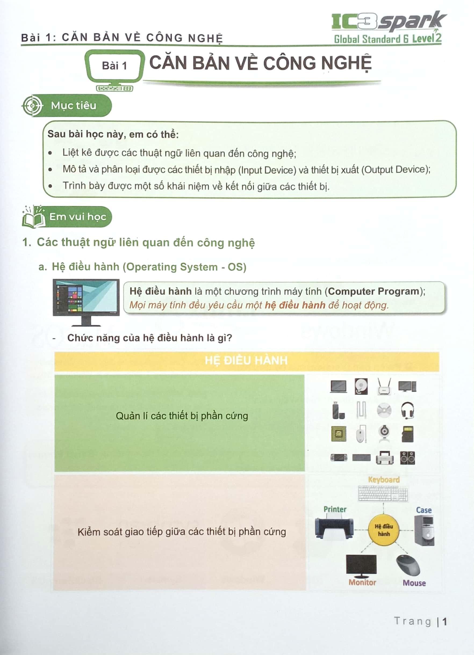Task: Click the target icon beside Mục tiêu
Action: (x=32, y=105)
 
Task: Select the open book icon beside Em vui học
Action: (x=34, y=217)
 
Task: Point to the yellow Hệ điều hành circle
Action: (x=383, y=530)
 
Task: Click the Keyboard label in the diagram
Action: (x=383, y=480)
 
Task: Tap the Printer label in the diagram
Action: (x=335, y=509)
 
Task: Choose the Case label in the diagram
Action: (x=424, y=510)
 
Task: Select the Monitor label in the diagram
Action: (x=362, y=582)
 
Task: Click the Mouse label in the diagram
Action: (x=414, y=583)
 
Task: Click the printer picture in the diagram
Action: (x=334, y=528)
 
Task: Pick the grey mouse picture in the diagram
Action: (x=408, y=565)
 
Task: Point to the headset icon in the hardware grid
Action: (x=408, y=410)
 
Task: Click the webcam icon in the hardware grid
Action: (x=384, y=434)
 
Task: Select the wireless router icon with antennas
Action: (x=384, y=386)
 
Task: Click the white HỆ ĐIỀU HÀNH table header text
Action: (x=246, y=361)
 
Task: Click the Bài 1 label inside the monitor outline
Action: (x=114, y=66)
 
